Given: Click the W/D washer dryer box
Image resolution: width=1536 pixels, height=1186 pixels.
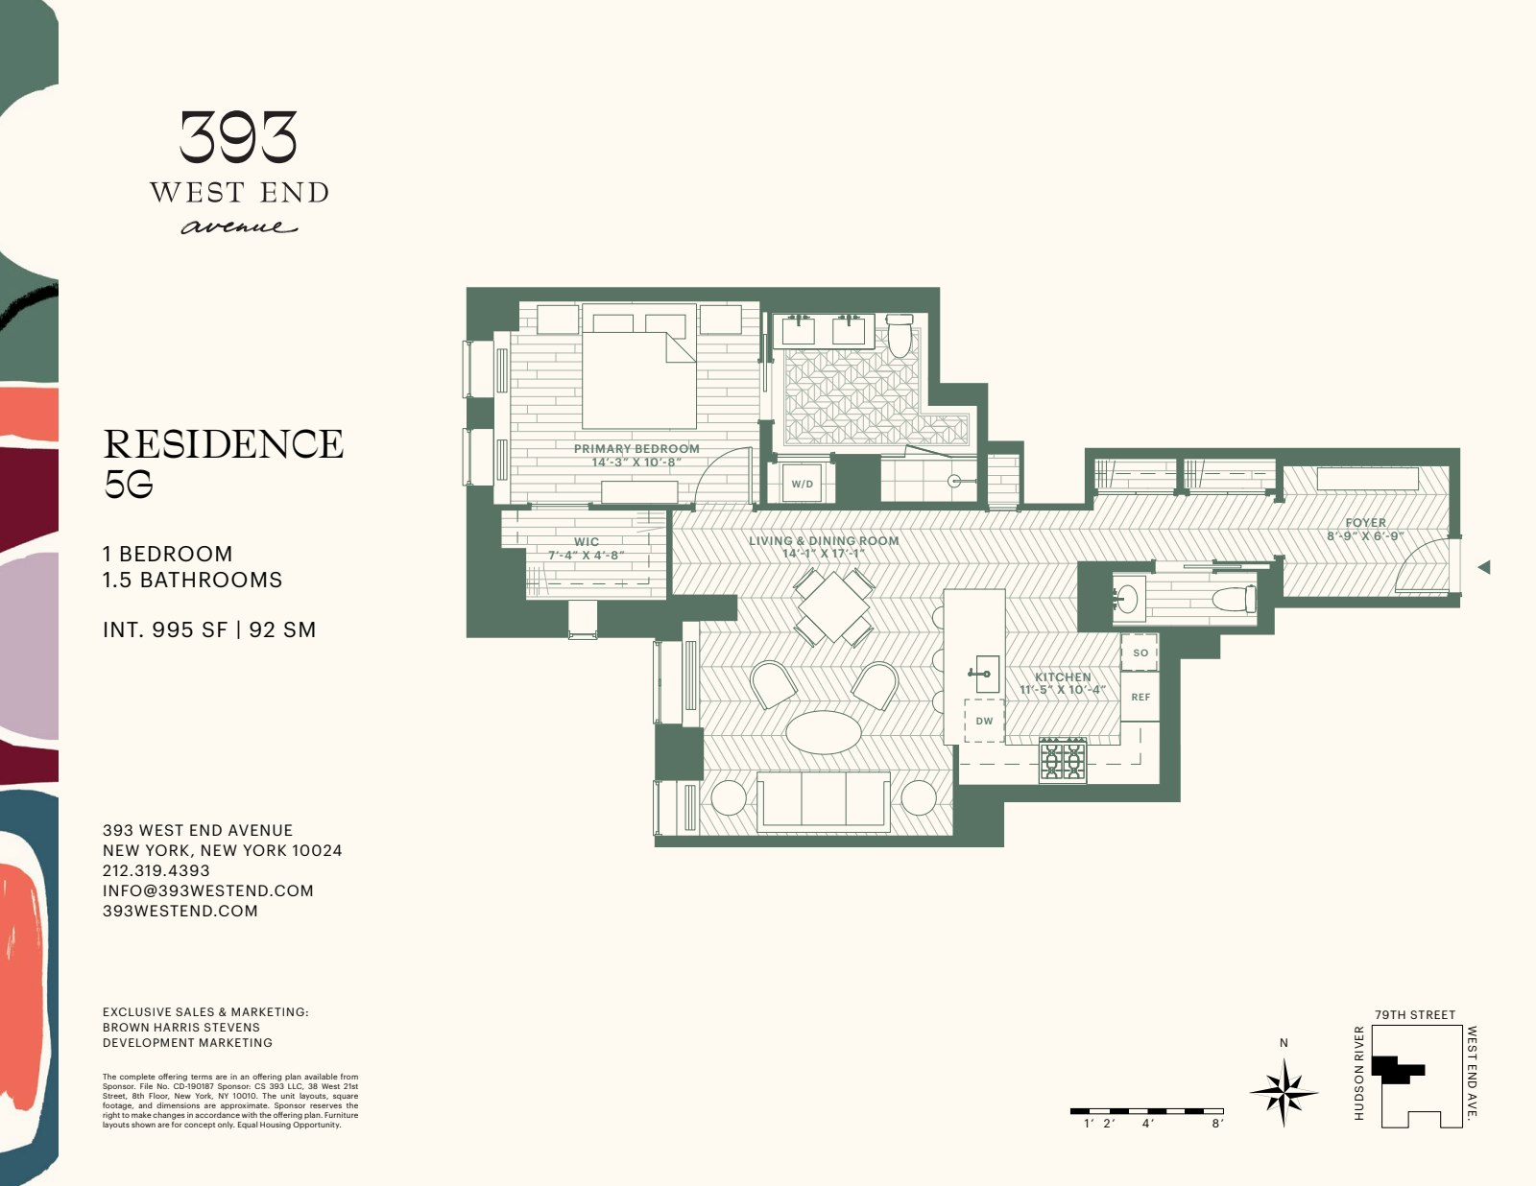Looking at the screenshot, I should (x=802, y=484).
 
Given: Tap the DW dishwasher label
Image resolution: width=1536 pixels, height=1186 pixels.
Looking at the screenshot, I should (x=984, y=721).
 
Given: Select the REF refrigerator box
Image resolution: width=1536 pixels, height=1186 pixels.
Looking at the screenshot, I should (x=1140, y=698).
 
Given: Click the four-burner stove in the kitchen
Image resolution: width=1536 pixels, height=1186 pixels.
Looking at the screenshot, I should (x=1063, y=760).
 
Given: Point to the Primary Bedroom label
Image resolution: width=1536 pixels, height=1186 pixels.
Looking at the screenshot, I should (x=636, y=448).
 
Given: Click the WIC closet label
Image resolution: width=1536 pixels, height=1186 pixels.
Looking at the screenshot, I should (x=587, y=542).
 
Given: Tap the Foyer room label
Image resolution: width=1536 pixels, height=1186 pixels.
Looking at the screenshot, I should (x=1365, y=523).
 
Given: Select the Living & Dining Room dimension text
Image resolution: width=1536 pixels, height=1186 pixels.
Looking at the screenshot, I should (x=824, y=554).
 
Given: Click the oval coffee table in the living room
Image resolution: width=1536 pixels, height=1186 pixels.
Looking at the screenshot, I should (x=824, y=732).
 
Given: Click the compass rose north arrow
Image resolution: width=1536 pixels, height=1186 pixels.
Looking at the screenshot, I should (x=1284, y=1088).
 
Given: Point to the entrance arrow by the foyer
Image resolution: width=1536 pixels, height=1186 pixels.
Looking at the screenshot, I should (x=1484, y=567).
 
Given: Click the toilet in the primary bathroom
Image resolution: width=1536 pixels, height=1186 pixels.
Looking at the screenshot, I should (x=900, y=335).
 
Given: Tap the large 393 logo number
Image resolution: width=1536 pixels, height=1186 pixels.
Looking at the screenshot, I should (x=238, y=137).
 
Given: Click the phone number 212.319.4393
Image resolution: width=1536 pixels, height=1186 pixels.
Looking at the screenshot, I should (x=156, y=870).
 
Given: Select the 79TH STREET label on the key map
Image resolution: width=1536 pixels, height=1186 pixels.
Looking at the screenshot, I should (x=1414, y=1014).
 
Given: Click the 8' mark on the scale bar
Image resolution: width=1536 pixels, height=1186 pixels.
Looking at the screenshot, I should (x=1216, y=1123).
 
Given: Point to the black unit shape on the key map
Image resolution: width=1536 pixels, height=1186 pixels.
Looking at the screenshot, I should (x=1398, y=1068).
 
